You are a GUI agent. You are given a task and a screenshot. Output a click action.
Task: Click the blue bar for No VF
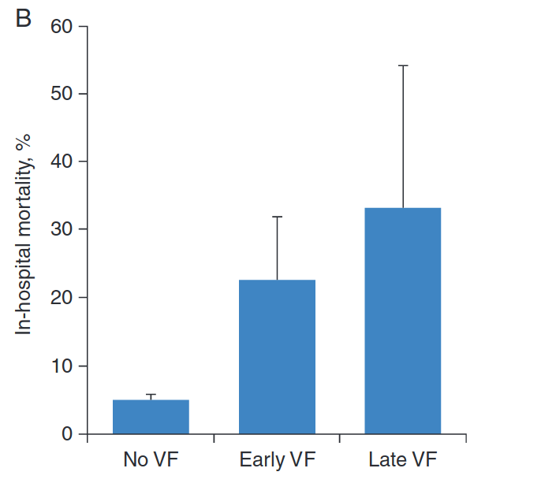click(x=151, y=417)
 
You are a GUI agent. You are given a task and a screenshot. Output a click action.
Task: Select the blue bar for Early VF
click(x=277, y=356)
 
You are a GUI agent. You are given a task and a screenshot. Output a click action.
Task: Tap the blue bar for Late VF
click(x=402, y=320)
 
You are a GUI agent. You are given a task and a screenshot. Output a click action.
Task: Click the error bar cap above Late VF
click(x=402, y=65)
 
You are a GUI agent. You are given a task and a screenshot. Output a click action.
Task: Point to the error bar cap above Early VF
click(x=277, y=217)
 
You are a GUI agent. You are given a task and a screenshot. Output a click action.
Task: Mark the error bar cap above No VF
click(x=151, y=395)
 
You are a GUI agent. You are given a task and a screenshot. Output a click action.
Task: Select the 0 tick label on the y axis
click(x=66, y=433)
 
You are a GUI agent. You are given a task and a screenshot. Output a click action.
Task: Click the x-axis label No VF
click(x=151, y=459)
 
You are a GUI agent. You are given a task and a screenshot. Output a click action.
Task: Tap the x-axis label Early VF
click(x=277, y=459)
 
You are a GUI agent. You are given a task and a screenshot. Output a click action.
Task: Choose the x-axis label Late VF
click(x=402, y=459)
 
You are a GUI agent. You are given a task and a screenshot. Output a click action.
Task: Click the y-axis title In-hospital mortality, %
click(x=24, y=228)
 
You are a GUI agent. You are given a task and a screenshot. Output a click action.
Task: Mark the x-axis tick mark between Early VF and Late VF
click(x=340, y=437)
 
